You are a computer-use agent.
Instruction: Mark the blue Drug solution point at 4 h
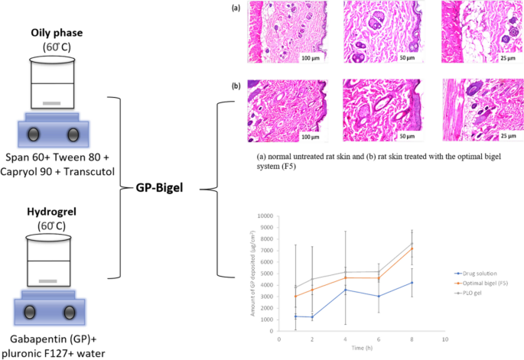(x=347, y=290)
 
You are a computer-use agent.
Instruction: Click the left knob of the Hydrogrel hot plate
(x=33, y=313)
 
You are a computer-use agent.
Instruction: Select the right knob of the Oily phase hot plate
(x=73, y=135)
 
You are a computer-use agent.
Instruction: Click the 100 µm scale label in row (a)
(x=311, y=58)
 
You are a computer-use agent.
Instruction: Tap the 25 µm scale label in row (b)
(x=508, y=136)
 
